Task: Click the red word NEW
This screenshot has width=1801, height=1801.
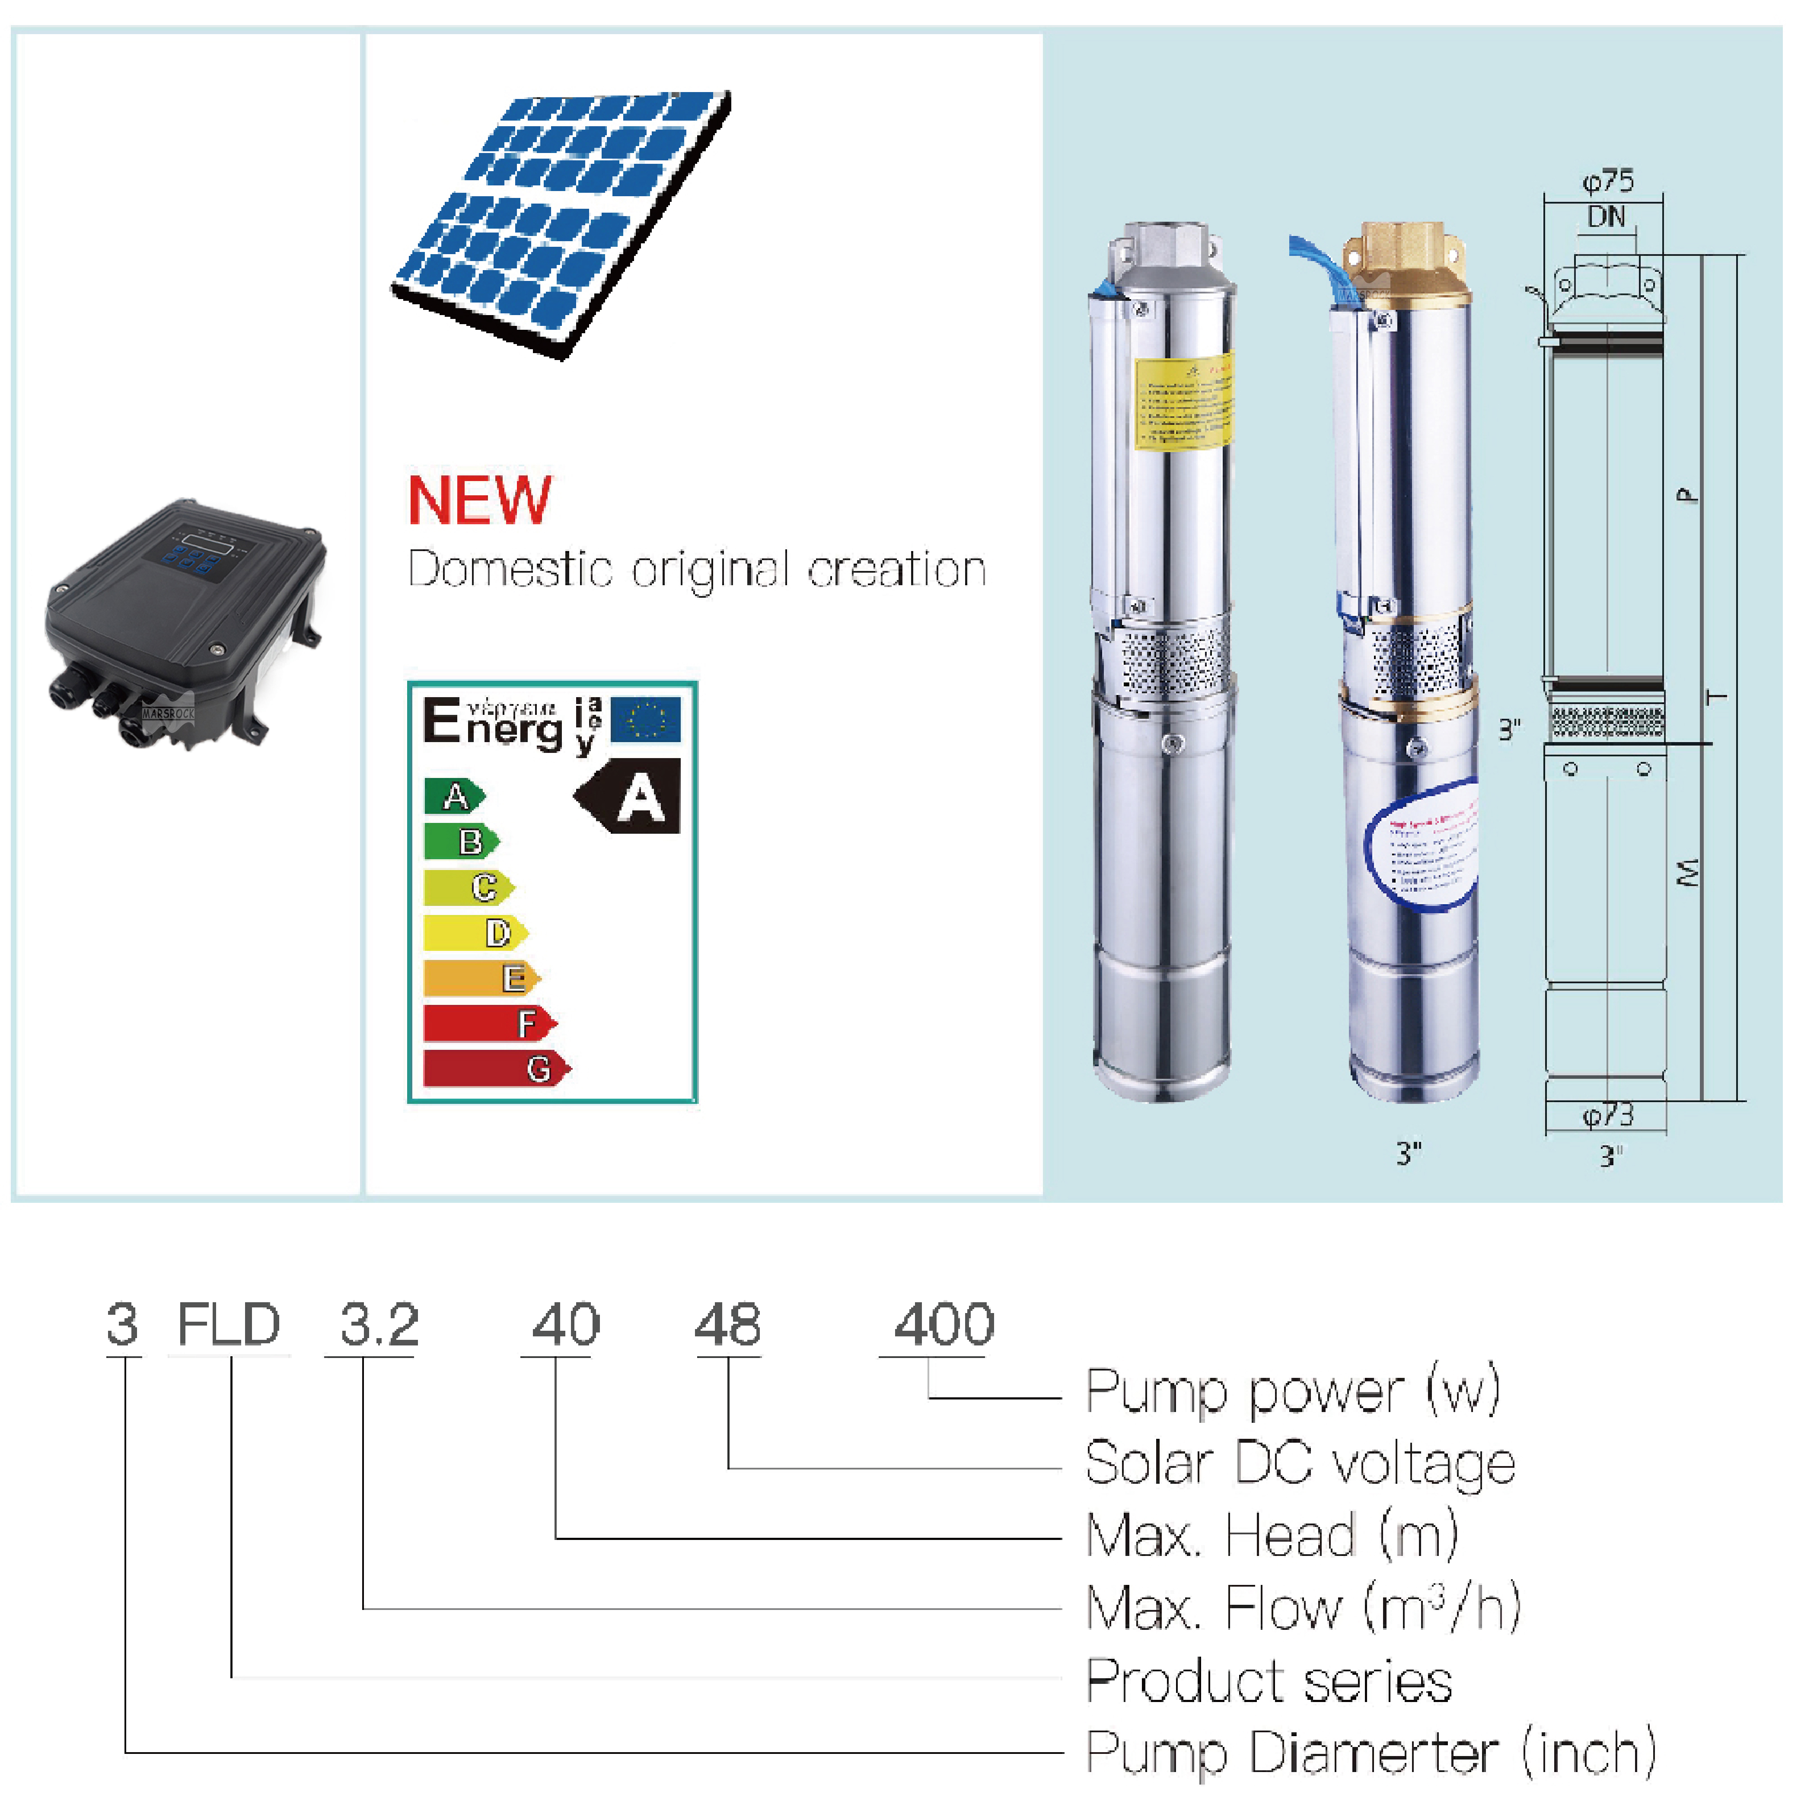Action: [479, 500]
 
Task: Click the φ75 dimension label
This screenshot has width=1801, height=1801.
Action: [1608, 181]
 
